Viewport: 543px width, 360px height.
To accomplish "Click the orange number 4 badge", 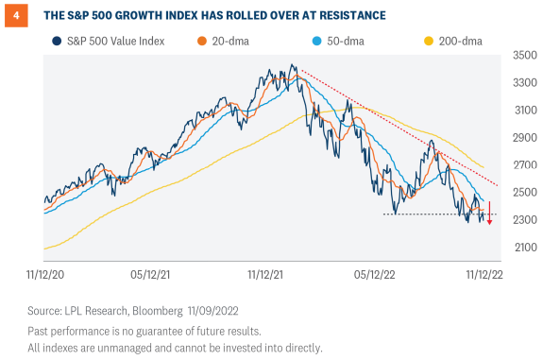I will [x=13, y=15].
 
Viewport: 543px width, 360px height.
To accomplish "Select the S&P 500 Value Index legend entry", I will [x=108, y=41].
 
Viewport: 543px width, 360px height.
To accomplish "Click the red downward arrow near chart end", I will [x=489, y=214].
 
